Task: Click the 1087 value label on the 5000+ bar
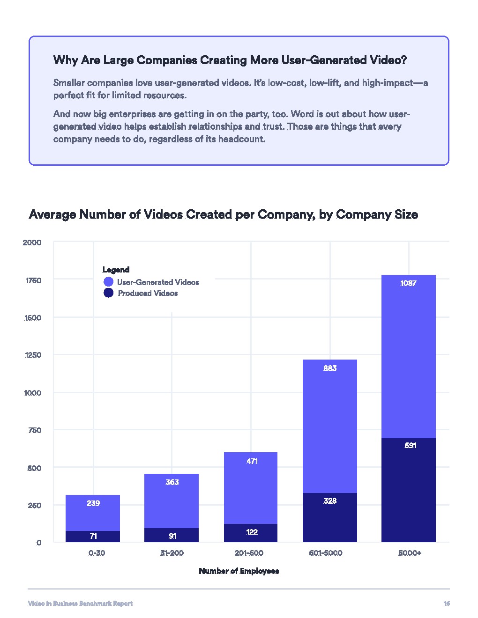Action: pyautogui.click(x=408, y=283)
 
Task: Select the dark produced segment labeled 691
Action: pyautogui.click(x=408, y=489)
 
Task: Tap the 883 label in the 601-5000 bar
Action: pyautogui.click(x=330, y=368)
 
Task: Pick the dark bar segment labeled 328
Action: pyautogui.click(x=330, y=517)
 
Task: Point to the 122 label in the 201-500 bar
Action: pyautogui.click(x=252, y=532)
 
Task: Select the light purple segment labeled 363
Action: pyautogui.click(x=172, y=501)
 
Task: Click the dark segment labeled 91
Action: pyautogui.click(x=172, y=536)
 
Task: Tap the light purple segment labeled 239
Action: pyautogui.click(x=93, y=513)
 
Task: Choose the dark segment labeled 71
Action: pyautogui.click(x=93, y=537)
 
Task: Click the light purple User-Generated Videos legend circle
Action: pyautogui.click(x=108, y=282)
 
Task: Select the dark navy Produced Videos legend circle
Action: pyautogui.click(x=108, y=293)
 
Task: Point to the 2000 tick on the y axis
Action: pyautogui.click(x=32, y=243)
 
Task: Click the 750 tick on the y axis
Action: pyautogui.click(x=35, y=430)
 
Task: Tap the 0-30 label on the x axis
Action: pyautogui.click(x=97, y=553)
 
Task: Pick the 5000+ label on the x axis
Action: pyautogui.click(x=410, y=553)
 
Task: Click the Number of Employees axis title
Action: pyautogui.click(x=239, y=571)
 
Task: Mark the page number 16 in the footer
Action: pyautogui.click(x=446, y=603)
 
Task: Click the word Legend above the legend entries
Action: pyautogui.click(x=116, y=270)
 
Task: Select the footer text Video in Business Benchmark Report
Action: pyautogui.click(x=80, y=603)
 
